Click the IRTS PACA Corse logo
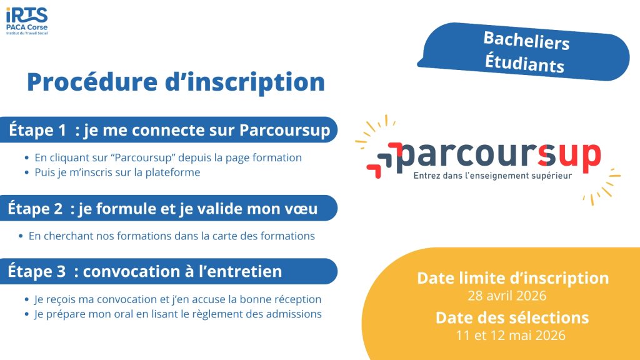click(x=27, y=21)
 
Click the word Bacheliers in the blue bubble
click(x=526, y=41)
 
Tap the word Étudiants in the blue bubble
click(x=524, y=63)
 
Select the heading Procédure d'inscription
click(x=176, y=82)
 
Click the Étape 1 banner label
click(x=169, y=130)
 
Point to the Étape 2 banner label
click(x=162, y=209)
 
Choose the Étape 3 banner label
click(x=144, y=271)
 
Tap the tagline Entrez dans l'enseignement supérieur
click(x=492, y=176)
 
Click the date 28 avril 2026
click(x=507, y=296)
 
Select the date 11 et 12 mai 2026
click(x=511, y=336)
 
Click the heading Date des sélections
click(x=512, y=317)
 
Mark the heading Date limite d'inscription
click(x=513, y=278)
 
